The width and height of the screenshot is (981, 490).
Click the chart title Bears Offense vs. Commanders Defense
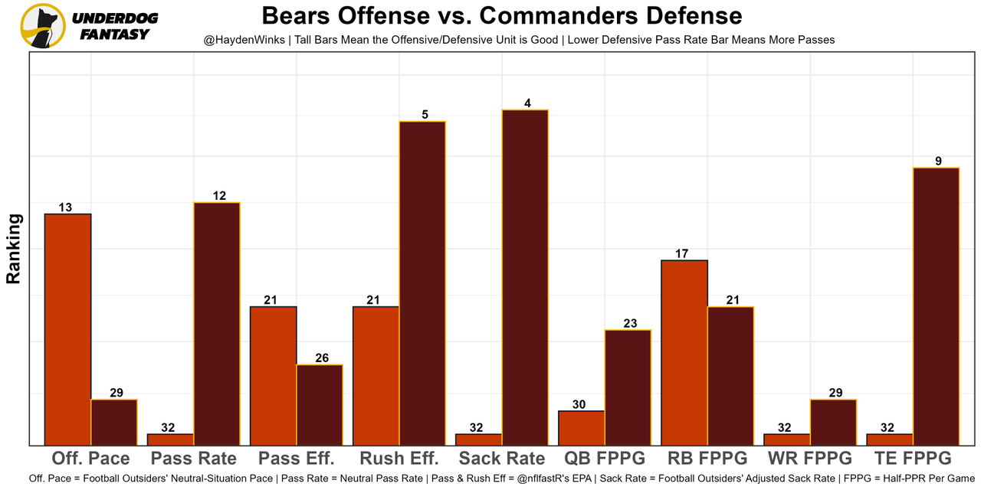coord(502,16)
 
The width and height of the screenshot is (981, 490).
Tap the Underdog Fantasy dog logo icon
coord(43,26)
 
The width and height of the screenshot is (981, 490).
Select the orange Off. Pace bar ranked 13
coord(68,329)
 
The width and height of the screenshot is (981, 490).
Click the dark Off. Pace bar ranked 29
coord(114,422)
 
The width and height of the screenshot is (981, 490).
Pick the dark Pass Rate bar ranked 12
coord(217,323)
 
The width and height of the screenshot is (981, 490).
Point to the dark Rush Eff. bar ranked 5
coord(422,283)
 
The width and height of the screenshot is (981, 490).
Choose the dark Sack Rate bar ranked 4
coord(525,277)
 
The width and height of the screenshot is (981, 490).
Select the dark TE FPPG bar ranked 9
coord(936,306)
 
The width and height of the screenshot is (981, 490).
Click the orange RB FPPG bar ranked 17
coord(684,352)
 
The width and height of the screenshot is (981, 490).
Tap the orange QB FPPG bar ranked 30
coord(582,428)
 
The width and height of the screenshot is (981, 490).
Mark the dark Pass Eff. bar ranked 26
coord(320,404)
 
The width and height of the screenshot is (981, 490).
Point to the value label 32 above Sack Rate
coord(477,428)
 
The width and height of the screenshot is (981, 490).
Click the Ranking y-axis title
coord(14,249)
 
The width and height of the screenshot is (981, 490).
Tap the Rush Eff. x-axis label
coord(399,459)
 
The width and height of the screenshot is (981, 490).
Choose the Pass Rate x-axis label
coord(193,459)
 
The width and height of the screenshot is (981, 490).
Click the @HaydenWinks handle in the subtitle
coord(244,40)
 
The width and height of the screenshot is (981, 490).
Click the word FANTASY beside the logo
coord(114,34)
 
